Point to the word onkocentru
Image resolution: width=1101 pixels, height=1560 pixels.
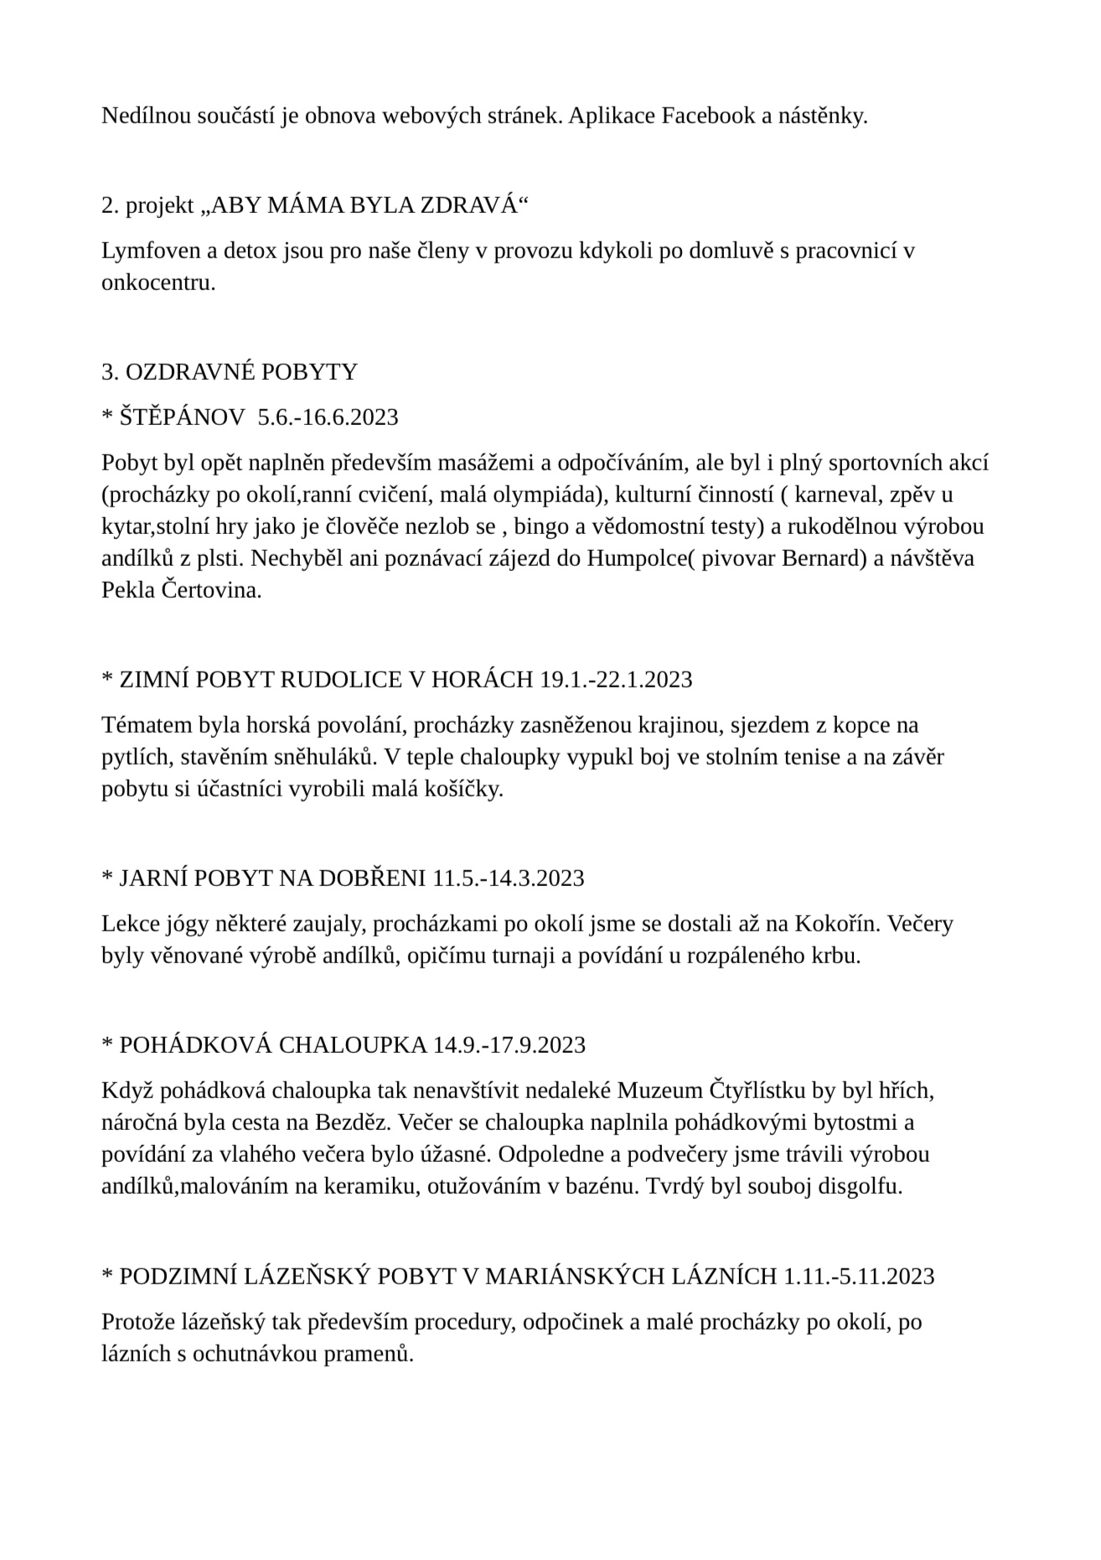[158, 282]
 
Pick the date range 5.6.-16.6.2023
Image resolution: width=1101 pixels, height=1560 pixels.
[328, 417]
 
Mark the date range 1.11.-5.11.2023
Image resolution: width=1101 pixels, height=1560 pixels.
[859, 1277]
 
